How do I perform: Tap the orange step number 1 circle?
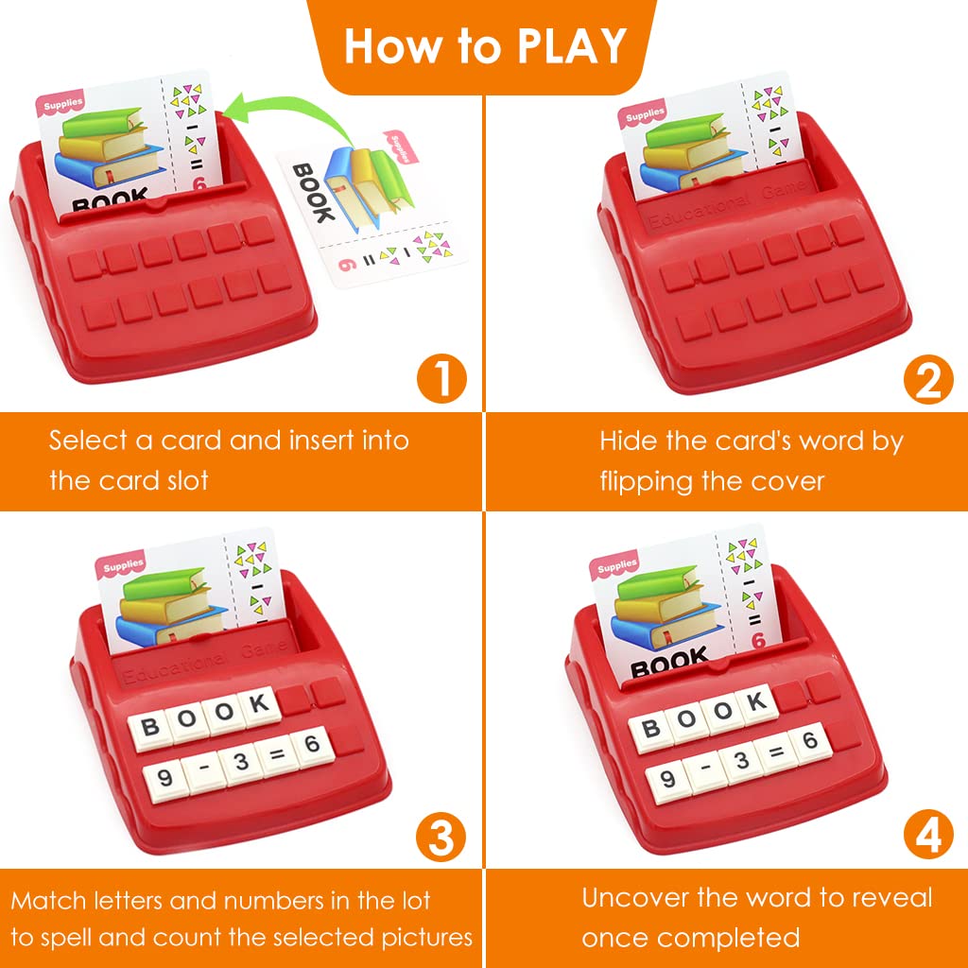[x=441, y=379]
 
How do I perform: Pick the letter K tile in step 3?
[x=256, y=704]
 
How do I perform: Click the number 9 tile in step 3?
[x=164, y=778]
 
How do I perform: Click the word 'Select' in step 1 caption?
[x=87, y=441]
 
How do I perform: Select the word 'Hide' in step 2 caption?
[x=627, y=441]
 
